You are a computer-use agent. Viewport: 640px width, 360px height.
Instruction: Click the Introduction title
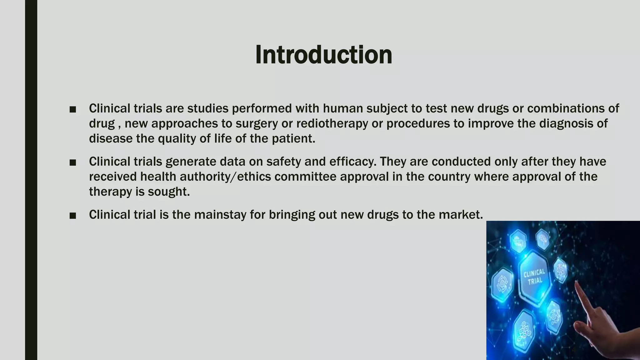tap(323, 55)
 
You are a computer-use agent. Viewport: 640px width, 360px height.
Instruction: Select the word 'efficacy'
tap(352, 162)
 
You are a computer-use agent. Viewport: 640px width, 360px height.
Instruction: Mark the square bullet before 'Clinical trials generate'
tap(73, 162)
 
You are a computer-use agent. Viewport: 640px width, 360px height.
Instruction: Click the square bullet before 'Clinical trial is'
tap(73, 216)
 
